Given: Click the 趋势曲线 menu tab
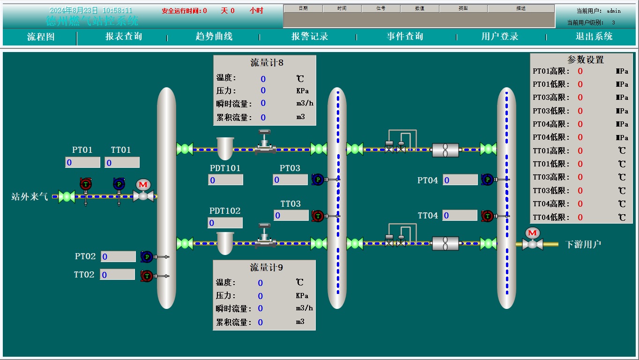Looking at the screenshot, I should [x=214, y=37].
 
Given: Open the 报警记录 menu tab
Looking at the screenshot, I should [x=310, y=37].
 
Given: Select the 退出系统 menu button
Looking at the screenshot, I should [x=594, y=37].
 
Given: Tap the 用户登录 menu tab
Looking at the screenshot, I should [x=500, y=37].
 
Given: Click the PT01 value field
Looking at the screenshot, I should [x=82, y=163].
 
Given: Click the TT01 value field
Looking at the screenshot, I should [x=122, y=163].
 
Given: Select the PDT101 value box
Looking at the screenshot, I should [x=226, y=180].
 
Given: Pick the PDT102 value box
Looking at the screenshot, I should [x=225, y=223].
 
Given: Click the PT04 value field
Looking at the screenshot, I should [x=460, y=180].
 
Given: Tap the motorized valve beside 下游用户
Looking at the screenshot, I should [x=532, y=239].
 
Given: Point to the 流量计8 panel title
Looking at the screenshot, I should [x=267, y=62].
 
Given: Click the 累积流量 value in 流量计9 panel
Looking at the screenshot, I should [x=260, y=322].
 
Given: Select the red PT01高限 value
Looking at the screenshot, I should [x=580, y=71].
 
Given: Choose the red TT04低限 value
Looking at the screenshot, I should [x=580, y=217].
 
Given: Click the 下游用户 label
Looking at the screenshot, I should [x=583, y=244].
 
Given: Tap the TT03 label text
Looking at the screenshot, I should [x=290, y=204].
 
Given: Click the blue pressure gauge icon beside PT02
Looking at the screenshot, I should [x=147, y=256].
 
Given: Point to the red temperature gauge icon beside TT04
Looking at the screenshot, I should [x=488, y=216].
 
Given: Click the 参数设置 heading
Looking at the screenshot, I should [x=586, y=60].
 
